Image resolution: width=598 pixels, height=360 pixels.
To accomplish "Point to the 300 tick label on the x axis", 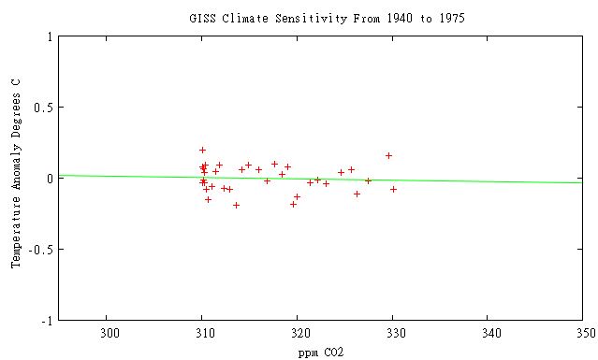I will click(x=108, y=333).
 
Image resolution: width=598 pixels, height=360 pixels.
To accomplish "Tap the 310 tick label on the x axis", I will click(x=202, y=333).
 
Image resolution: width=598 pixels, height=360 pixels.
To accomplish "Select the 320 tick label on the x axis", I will click(x=299, y=333).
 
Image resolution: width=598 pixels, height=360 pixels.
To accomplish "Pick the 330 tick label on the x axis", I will click(x=394, y=333).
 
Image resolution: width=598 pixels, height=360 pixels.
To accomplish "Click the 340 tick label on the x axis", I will click(x=489, y=333).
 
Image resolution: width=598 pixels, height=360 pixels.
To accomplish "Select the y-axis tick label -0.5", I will click(x=40, y=250).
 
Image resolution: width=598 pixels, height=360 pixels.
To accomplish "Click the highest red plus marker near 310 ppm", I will click(x=202, y=150).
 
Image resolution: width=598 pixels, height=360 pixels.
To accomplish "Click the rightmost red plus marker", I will click(x=393, y=189).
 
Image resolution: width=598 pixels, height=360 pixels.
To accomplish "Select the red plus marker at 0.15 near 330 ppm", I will click(x=388, y=155).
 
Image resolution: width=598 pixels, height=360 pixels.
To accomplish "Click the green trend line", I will click(x=468, y=180).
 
